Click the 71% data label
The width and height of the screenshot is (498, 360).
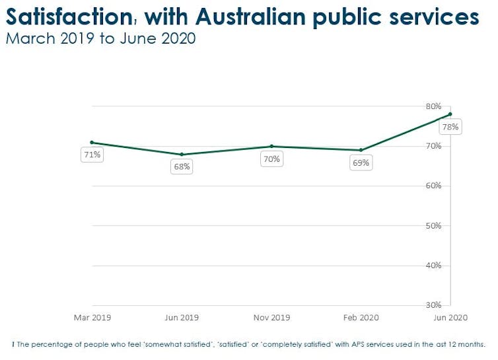tap(92, 155)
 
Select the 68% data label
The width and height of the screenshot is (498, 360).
tap(182, 166)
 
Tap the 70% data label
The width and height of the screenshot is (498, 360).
tap(271, 159)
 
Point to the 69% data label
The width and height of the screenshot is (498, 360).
tap(361, 162)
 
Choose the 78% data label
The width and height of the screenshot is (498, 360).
tap(451, 127)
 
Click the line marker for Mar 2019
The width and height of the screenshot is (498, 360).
tap(92, 143)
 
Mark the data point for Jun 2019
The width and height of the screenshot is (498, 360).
tap(182, 155)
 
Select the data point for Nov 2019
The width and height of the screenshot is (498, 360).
tap(271, 147)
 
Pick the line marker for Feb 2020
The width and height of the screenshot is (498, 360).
tap(361, 151)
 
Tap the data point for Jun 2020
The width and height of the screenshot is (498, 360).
tap(450, 114)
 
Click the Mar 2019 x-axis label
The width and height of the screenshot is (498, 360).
tap(92, 318)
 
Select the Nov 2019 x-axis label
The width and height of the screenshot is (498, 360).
tap(271, 318)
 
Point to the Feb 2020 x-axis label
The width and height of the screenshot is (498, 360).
tap(361, 318)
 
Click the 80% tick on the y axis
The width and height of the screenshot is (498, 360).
tap(433, 106)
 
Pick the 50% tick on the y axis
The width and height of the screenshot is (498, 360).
tap(433, 226)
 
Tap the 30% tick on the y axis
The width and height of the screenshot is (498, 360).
tap(433, 305)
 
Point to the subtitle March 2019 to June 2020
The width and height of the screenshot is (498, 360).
tap(100, 38)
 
